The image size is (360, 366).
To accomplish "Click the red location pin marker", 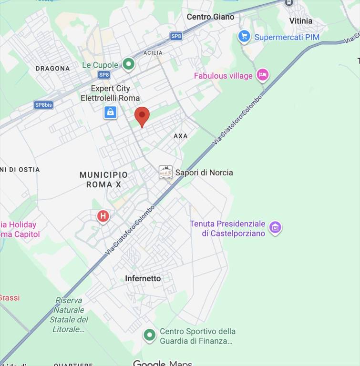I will [142, 116].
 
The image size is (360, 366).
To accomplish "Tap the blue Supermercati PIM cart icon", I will [244, 37].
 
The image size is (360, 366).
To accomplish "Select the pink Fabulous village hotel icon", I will [262, 75].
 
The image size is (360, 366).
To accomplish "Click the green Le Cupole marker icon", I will [128, 64].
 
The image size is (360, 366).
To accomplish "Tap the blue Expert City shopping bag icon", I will [111, 112].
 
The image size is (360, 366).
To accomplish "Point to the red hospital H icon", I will [103, 217].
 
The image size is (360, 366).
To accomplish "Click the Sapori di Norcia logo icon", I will [165, 173].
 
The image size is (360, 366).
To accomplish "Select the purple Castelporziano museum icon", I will [275, 227].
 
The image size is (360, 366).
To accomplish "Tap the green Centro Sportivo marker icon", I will [150, 335].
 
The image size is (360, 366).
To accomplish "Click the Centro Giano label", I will [210, 17].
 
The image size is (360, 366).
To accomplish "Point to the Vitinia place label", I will [301, 21].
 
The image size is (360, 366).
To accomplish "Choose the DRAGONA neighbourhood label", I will [52, 69].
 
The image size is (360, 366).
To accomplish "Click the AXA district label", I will [181, 136].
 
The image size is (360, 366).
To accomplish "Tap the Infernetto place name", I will [143, 278].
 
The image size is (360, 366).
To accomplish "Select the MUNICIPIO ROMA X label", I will [103, 180].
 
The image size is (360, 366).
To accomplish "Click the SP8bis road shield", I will [43, 105].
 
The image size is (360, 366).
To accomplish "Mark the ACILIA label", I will [153, 53].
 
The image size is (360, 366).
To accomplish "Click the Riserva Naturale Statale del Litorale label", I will [69, 315].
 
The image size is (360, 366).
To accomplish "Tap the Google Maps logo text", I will [162, 362].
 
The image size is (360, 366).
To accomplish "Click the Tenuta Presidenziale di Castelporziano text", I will [227, 228].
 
